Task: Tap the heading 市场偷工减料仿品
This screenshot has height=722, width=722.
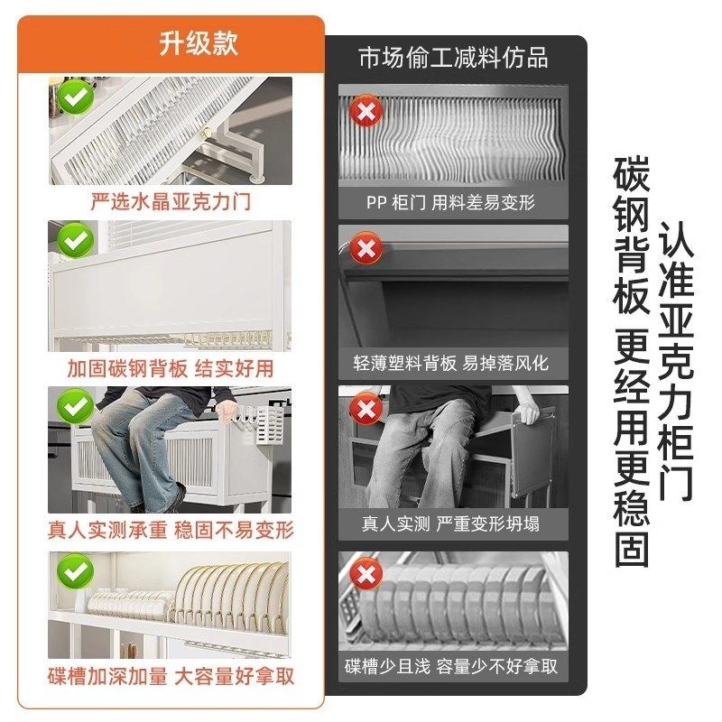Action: [x=453, y=59]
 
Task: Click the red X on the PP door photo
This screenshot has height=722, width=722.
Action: [x=366, y=113]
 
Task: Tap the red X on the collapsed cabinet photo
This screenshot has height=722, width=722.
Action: [x=366, y=411]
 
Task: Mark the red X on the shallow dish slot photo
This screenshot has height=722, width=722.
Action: [x=366, y=575]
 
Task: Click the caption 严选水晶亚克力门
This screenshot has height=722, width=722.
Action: [x=171, y=201]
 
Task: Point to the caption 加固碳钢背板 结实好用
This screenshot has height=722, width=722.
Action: [x=171, y=367]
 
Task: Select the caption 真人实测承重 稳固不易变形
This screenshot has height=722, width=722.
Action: [x=171, y=529]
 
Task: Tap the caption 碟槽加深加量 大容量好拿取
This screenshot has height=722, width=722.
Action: [x=171, y=675]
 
